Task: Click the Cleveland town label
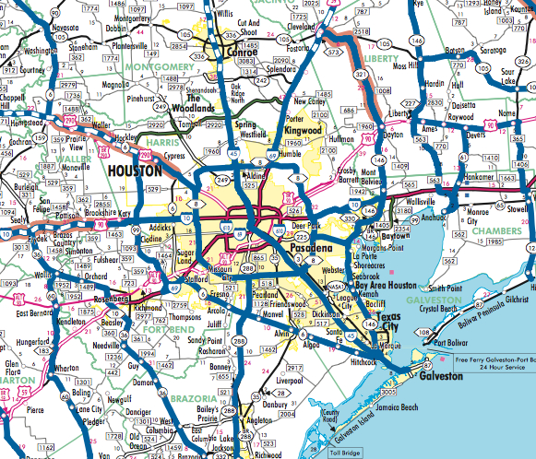tap(301, 28)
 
